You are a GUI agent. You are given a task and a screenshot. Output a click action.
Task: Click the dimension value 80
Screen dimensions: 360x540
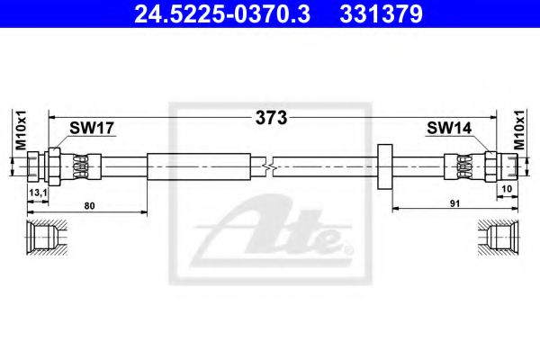[89, 206]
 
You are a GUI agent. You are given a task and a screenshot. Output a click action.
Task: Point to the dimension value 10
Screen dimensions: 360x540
[507, 189]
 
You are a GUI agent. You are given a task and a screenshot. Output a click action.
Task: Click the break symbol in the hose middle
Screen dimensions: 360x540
[268, 166]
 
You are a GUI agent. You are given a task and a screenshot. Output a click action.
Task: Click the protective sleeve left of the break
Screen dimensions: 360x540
[199, 166]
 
